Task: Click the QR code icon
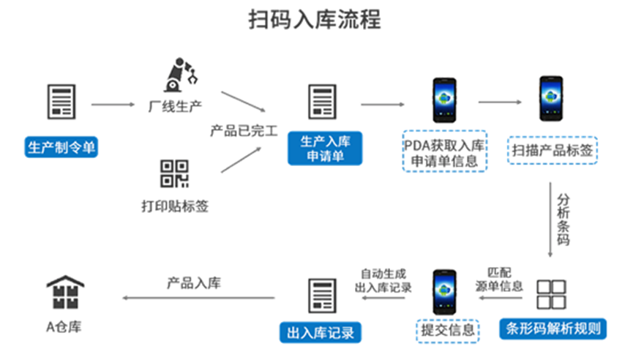pyautogui.click(x=175, y=173)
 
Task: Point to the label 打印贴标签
pyautogui.click(x=175, y=206)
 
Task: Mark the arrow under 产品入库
pyautogui.click(x=198, y=298)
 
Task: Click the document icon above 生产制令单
pyautogui.click(x=61, y=102)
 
